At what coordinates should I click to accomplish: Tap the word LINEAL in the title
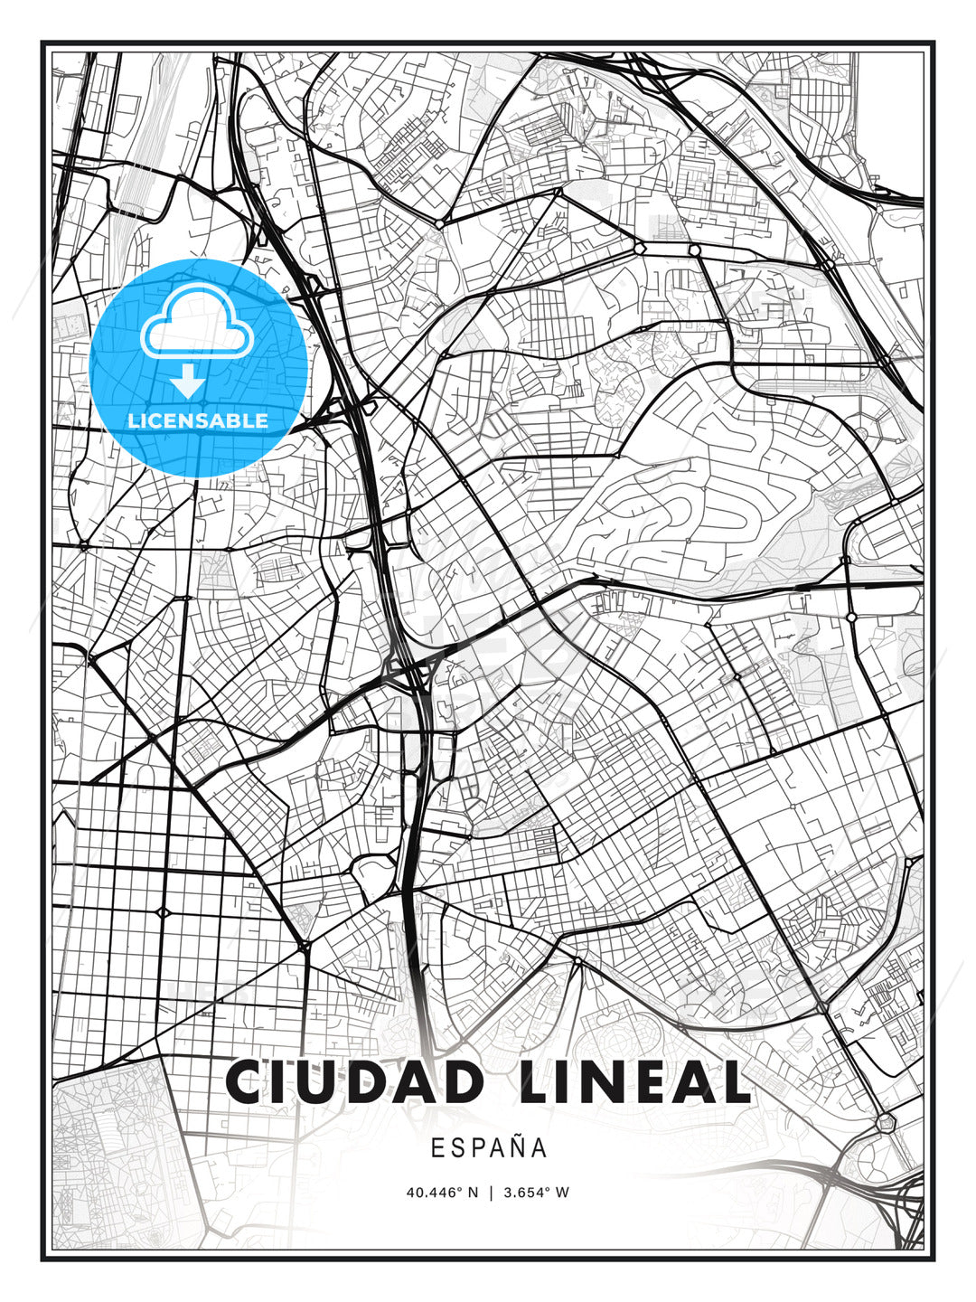click(x=635, y=1081)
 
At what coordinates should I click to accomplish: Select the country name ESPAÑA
click(x=489, y=1147)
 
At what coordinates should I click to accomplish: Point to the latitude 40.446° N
click(x=442, y=1192)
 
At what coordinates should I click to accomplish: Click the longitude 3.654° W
click(x=536, y=1192)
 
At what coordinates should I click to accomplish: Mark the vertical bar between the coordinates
click(x=490, y=1192)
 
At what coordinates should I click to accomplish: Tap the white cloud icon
click(x=196, y=321)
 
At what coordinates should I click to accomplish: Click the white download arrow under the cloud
click(x=188, y=381)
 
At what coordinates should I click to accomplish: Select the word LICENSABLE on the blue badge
click(x=198, y=420)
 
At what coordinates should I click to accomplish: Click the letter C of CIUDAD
click(x=247, y=1081)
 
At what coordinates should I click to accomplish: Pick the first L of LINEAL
click(x=536, y=1081)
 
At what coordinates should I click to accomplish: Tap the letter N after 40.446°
click(x=472, y=1192)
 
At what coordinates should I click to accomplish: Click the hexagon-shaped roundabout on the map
click(x=885, y=1123)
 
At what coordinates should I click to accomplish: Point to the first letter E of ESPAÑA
click(x=437, y=1147)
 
